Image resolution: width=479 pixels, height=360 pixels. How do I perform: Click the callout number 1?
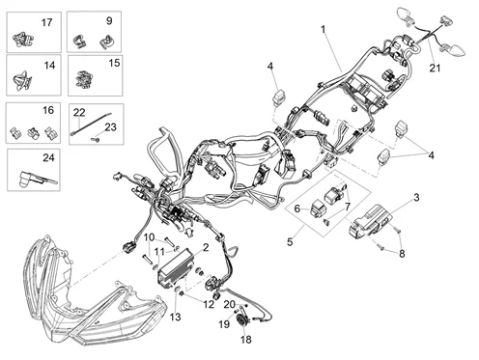click(x=323, y=30)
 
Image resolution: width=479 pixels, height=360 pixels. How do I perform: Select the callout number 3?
click(x=415, y=197)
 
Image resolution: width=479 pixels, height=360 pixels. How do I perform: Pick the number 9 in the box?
click(x=108, y=20)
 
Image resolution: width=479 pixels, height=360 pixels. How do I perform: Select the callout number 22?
click(x=79, y=112)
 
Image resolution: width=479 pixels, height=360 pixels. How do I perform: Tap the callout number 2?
click(x=205, y=248)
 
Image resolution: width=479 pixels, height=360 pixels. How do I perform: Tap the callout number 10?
click(x=150, y=236)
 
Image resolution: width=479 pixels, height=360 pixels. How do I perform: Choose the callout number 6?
click(x=297, y=208)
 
